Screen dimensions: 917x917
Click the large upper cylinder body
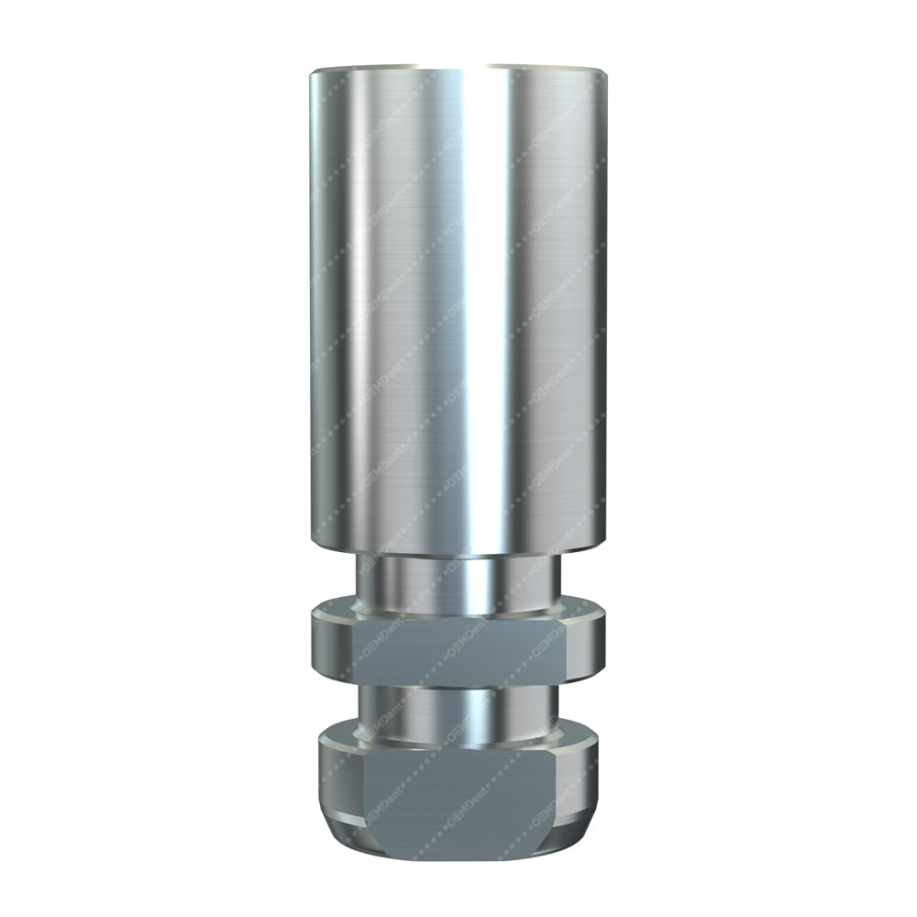tap(413, 312)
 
